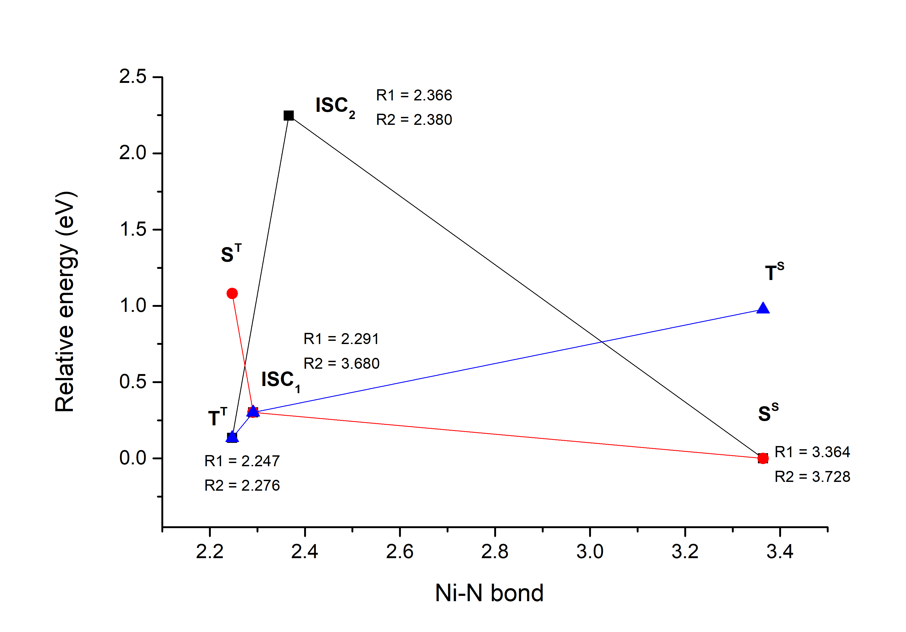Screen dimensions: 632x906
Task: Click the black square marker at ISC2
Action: (288, 116)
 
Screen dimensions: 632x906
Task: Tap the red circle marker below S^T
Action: (232, 293)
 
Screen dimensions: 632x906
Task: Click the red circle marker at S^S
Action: (763, 458)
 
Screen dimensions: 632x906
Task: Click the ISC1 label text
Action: (280, 380)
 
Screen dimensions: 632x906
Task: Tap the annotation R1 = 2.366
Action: (414, 95)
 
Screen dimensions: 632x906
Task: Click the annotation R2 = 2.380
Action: (414, 120)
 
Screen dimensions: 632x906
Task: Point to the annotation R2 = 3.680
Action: (341, 363)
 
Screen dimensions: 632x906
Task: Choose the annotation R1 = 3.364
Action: (812, 452)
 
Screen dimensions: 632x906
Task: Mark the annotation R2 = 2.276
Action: (242, 485)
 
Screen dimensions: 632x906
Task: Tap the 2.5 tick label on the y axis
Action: (133, 77)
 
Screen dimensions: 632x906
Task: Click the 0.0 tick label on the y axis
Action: (133, 458)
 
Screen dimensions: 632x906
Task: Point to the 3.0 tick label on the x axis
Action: (590, 552)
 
